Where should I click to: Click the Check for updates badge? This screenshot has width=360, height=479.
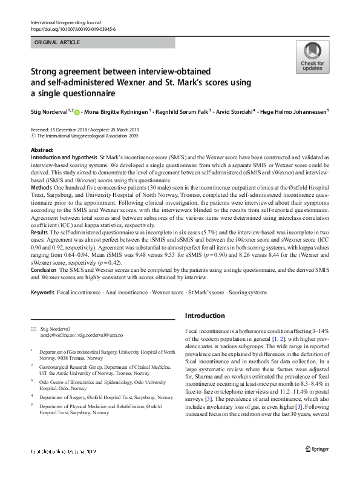[x=312, y=56]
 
